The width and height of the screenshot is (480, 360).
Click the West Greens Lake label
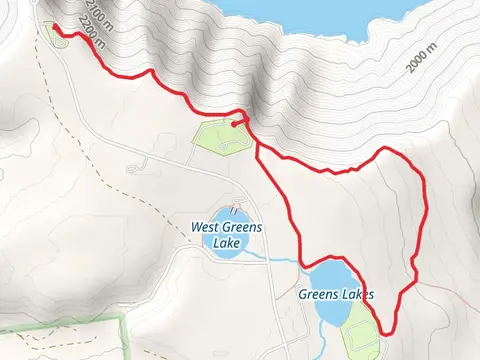coord(227,234)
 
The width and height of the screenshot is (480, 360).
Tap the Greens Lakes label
coord(335,295)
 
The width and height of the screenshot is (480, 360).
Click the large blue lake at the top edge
coord(320,12)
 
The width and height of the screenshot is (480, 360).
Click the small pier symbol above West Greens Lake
coord(235,210)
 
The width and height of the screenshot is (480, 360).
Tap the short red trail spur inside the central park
coord(240,123)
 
